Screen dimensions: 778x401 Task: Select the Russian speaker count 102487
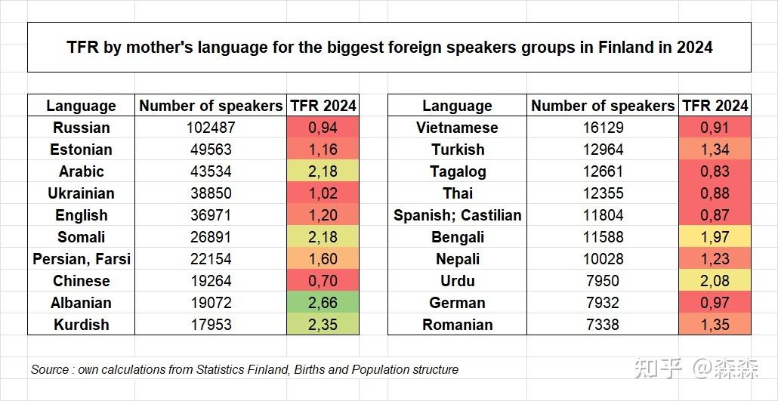[211, 128]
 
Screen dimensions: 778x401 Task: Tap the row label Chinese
[82, 281]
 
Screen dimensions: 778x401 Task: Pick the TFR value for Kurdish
[323, 325]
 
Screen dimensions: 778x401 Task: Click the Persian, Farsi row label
[82, 259]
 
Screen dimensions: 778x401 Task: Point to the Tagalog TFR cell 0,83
[715, 171]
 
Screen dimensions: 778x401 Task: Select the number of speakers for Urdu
[602, 281]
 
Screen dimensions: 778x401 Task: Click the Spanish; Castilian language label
[458, 215]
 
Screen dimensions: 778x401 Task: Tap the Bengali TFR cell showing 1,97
[715, 237]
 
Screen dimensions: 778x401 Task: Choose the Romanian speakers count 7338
[602, 325]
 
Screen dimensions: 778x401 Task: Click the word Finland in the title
[627, 47]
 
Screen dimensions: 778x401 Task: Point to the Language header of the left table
[81, 106]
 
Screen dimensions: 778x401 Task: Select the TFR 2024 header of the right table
[715, 106]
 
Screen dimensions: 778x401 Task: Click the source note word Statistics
[220, 370]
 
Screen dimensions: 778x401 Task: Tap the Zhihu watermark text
[697, 369]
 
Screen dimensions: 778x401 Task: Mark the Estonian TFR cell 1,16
[323, 150]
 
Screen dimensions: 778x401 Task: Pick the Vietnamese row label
[458, 128]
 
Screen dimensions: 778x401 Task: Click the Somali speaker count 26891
[211, 237]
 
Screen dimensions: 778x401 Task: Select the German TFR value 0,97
[715, 303]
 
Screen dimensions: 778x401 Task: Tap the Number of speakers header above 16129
[603, 106]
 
